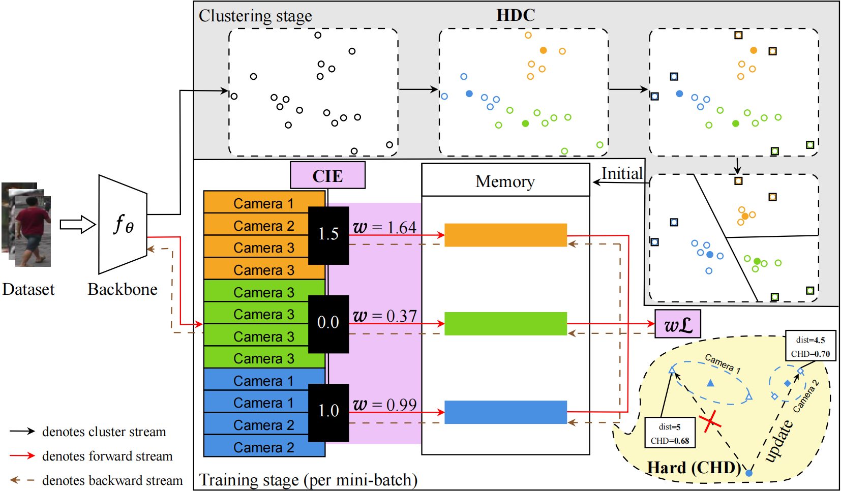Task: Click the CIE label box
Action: tap(327, 175)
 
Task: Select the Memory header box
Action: tap(505, 180)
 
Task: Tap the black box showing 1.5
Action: tap(328, 235)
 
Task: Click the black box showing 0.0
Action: tap(328, 323)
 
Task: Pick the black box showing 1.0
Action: tap(328, 412)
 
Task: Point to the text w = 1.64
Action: tap(385, 227)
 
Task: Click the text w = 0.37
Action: tap(385, 316)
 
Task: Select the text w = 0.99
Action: tap(385, 405)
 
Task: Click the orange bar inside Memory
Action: tap(505, 235)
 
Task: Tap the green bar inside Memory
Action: tap(505, 323)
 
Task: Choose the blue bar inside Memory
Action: tap(505, 412)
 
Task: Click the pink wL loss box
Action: tap(678, 324)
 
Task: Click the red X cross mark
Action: tap(710, 421)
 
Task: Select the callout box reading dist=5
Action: tap(670, 433)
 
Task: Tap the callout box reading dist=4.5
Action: tap(810, 346)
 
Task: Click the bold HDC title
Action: tap(516, 15)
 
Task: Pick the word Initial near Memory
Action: tap(622, 174)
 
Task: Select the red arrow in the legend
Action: tap(22, 456)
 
